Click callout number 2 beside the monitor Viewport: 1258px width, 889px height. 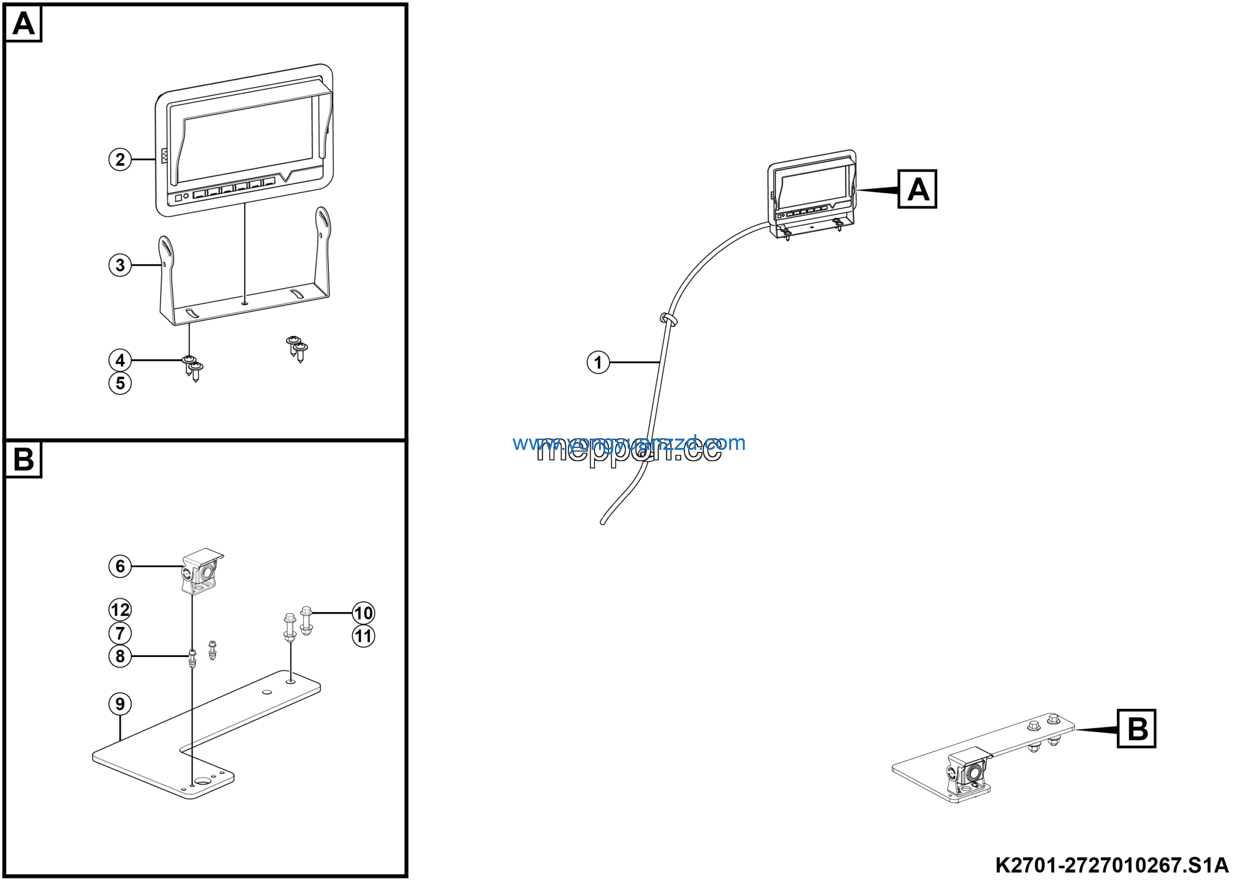(x=120, y=160)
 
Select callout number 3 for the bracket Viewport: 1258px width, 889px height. (x=120, y=266)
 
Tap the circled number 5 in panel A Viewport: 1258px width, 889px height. (x=120, y=384)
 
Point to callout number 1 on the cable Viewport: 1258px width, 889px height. (x=599, y=363)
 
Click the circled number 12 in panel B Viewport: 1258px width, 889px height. (x=120, y=610)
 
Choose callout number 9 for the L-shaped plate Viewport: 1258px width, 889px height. (x=120, y=704)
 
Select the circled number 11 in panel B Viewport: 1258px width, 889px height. (x=363, y=637)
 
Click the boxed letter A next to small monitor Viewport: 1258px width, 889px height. (x=917, y=190)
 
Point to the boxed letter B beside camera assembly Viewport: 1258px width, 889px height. (x=1136, y=729)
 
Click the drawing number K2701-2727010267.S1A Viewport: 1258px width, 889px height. (x=1111, y=866)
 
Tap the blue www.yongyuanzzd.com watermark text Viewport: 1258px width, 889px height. (x=629, y=443)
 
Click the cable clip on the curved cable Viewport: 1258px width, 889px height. (x=668, y=319)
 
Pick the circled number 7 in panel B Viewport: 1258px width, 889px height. (x=120, y=634)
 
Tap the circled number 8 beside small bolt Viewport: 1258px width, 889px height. (x=120, y=656)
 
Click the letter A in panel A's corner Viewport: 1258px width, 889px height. (x=24, y=24)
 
